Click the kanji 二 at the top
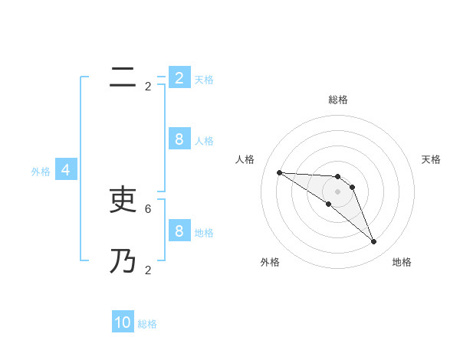point(123,77)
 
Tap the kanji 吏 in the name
point(123,200)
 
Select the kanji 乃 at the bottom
point(123,261)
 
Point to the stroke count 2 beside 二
point(148,87)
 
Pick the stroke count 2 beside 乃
point(148,270)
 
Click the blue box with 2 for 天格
point(179,78)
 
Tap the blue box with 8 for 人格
point(179,139)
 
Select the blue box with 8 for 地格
point(179,231)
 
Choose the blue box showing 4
point(66,170)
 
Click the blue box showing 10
point(123,322)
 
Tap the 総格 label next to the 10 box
point(147,324)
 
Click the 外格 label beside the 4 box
point(41,172)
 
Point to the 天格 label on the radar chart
point(431,159)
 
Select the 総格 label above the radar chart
point(338,100)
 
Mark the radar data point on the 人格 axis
point(279,172)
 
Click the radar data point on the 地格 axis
point(374,242)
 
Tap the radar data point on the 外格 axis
point(329,205)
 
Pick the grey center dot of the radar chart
point(338,191)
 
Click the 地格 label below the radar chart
point(402,262)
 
